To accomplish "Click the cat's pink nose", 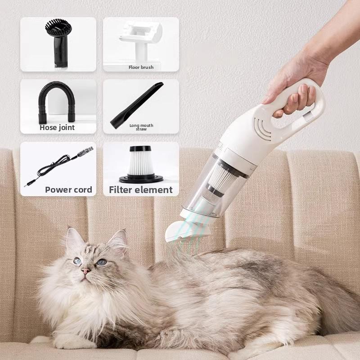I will tap(84, 271).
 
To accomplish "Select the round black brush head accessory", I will tap(58, 39).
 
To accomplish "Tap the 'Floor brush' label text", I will tap(141, 67).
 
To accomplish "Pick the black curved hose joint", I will tap(58, 101).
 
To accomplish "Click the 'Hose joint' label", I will tap(57, 127).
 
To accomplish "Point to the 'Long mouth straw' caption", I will tap(141, 127).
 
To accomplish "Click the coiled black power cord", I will tap(56, 167).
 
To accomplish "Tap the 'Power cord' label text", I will tap(68, 189).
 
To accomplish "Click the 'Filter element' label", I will tap(141, 190).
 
